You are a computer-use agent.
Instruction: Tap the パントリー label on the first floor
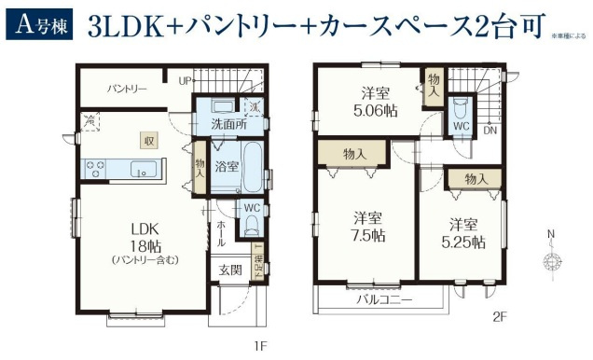click(126, 90)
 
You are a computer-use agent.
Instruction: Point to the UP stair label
click(186, 81)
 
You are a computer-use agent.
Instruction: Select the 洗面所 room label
click(228, 123)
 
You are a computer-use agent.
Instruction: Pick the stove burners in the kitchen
click(95, 169)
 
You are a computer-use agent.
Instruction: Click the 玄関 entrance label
click(229, 270)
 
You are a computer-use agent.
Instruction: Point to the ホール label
click(220, 233)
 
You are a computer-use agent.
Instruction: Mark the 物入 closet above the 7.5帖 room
click(353, 154)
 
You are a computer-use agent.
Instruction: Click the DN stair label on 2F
click(490, 130)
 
